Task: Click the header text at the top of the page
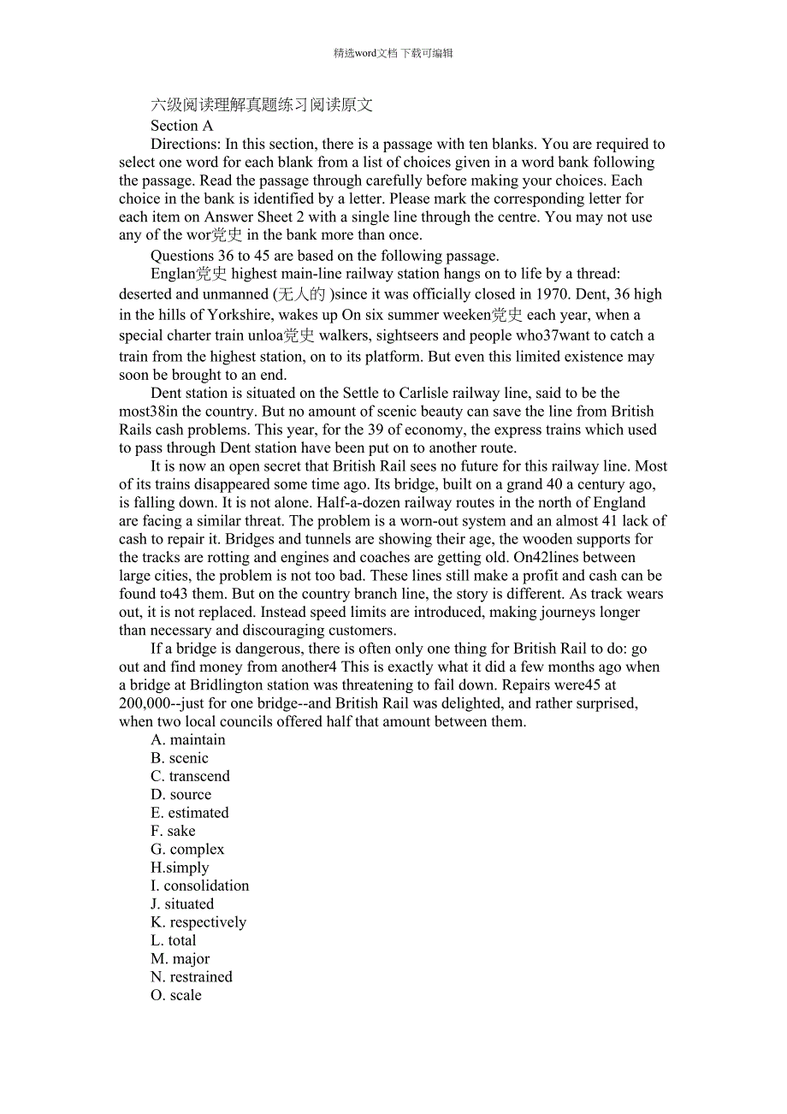[x=393, y=53]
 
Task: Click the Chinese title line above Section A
[x=262, y=105]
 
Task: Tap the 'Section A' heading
[x=181, y=125]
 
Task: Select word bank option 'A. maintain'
[x=188, y=740]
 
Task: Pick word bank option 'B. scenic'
[x=180, y=758]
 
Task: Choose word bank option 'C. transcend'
[x=190, y=776]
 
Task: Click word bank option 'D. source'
[x=180, y=795]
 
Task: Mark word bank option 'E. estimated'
[x=190, y=813]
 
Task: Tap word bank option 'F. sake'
[x=173, y=831]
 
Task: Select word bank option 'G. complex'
[x=187, y=850]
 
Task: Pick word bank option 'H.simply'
[x=180, y=868]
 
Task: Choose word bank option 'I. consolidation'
[x=200, y=886]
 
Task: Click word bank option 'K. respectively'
[x=198, y=922]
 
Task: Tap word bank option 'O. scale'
[x=176, y=995]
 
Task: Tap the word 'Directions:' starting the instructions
[x=186, y=144]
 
